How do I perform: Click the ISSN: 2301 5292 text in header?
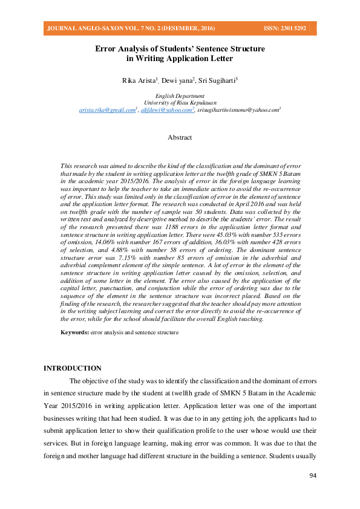284,28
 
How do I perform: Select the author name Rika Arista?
138,80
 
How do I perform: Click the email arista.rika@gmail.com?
107,111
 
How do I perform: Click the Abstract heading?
180,137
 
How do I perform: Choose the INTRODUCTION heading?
73,368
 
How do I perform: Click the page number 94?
313,476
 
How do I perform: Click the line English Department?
180,96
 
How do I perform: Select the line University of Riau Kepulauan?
180,103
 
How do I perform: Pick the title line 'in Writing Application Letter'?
180,59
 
